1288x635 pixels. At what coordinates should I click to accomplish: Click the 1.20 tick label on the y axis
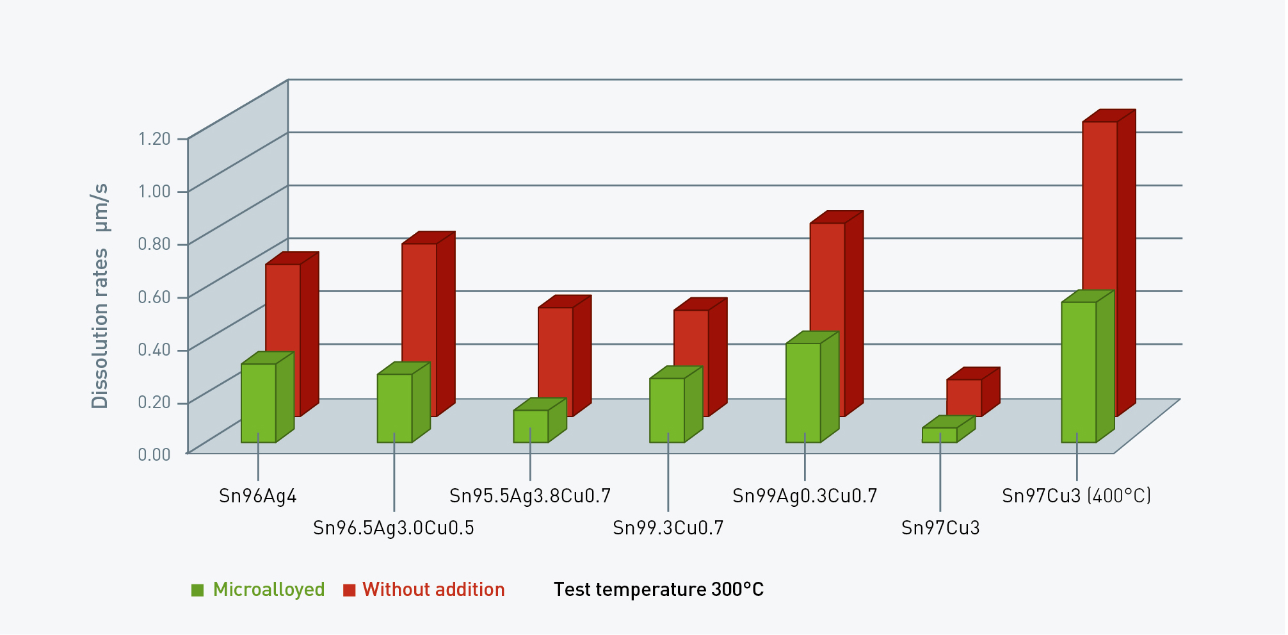tap(154, 138)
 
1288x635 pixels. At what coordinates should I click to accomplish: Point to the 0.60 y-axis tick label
tap(154, 297)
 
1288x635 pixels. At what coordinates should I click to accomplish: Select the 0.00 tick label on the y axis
tap(154, 454)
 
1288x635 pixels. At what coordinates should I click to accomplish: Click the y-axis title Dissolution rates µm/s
tap(100, 296)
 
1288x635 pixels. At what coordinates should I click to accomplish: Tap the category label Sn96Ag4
tap(258, 496)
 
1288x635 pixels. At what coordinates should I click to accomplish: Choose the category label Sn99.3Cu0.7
tap(668, 528)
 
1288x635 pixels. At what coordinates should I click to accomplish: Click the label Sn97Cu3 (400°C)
tap(1077, 496)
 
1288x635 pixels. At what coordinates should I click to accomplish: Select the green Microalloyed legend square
tap(197, 590)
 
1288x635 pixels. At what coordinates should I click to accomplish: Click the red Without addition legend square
tap(349, 590)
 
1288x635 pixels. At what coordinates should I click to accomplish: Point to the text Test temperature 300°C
tap(659, 590)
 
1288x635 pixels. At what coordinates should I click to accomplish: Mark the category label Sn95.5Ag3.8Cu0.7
tap(530, 496)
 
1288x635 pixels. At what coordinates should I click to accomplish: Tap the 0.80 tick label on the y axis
tap(154, 243)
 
